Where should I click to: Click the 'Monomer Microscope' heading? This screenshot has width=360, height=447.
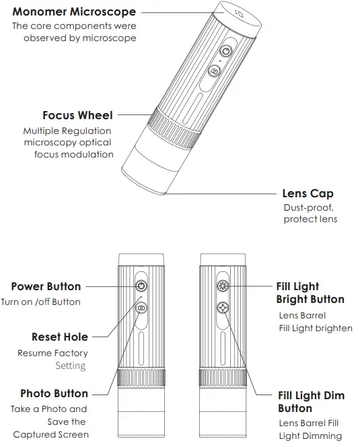74,11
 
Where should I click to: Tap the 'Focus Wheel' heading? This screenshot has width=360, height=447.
77,115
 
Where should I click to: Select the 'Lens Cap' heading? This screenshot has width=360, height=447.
308,194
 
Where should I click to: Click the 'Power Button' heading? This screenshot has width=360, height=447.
46,286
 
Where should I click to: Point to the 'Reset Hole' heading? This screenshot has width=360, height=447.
60,337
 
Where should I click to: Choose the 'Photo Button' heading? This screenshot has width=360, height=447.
54,393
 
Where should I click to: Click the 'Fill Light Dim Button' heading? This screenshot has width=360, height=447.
312,402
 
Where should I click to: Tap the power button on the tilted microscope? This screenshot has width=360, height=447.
226,51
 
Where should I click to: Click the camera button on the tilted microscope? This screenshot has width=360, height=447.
214,71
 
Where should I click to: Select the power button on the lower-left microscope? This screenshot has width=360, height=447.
141,285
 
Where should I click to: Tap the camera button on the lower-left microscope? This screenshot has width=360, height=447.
141,308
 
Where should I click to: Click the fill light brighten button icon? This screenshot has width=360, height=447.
223,285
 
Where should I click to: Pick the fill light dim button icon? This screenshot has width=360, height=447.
223,308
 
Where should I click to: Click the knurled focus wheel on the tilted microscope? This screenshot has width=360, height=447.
174,129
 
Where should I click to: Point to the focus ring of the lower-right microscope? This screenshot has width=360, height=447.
223,378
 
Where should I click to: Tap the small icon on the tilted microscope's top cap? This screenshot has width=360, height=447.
240,13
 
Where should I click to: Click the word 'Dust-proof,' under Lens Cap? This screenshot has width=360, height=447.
308,208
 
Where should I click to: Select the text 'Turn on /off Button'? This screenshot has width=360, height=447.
40,302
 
